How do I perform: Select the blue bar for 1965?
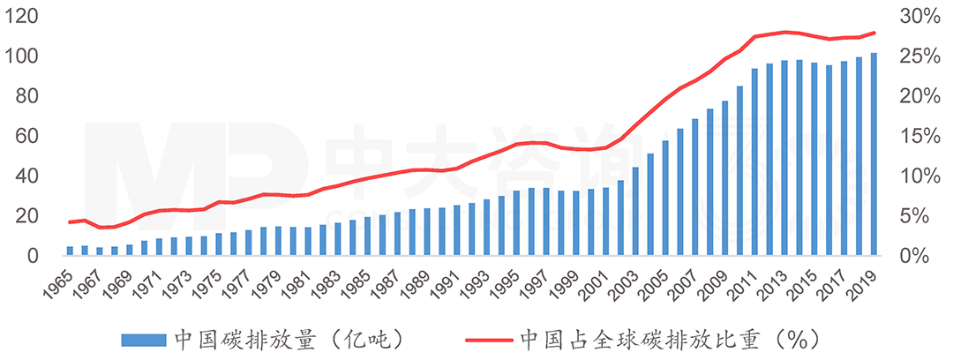pos(70,251)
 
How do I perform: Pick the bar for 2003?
pos(635,211)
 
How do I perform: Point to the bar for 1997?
pos(546,221)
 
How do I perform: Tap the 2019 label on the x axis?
pos(867,280)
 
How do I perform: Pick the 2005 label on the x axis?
pos(659,280)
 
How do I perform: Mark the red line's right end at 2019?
pos(874,33)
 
